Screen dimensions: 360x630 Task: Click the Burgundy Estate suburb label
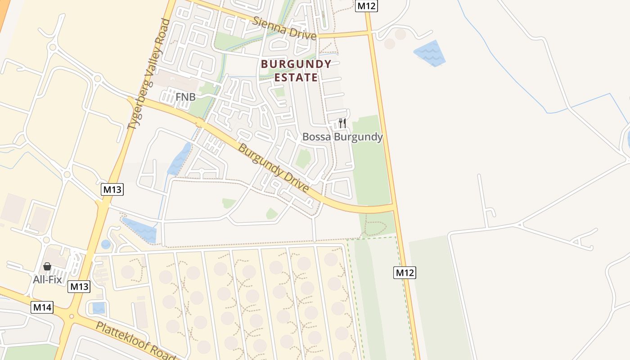tap(296, 71)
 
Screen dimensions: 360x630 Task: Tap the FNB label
tap(185, 97)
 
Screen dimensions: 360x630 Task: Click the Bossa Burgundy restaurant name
tap(342, 137)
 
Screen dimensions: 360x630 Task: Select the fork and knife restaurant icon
tap(342, 123)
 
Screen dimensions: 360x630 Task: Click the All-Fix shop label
tap(47, 279)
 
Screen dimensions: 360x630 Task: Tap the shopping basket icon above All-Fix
tap(47, 266)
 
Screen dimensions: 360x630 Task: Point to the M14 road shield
tap(42, 308)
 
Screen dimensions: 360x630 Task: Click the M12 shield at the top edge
tap(366, 5)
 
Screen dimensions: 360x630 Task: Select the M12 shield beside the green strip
tap(405, 272)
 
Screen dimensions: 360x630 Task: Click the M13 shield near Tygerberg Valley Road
tap(112, 189)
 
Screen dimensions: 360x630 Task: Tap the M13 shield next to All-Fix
tap(79, 287)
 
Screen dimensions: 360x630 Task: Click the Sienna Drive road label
tap(284, 28)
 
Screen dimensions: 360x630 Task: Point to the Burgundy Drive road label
tap(273, 167)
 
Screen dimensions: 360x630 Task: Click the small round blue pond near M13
tap(106, 244)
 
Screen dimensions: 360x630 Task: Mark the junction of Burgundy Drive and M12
tap(395, 207)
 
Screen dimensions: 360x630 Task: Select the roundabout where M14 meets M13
tap(70, 316)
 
